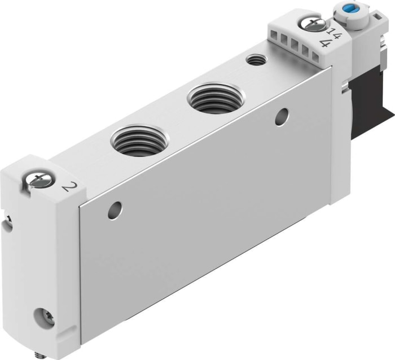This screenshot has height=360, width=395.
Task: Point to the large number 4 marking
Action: (x=324, y=43)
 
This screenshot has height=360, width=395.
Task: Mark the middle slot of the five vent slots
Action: (x=294, y=43)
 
